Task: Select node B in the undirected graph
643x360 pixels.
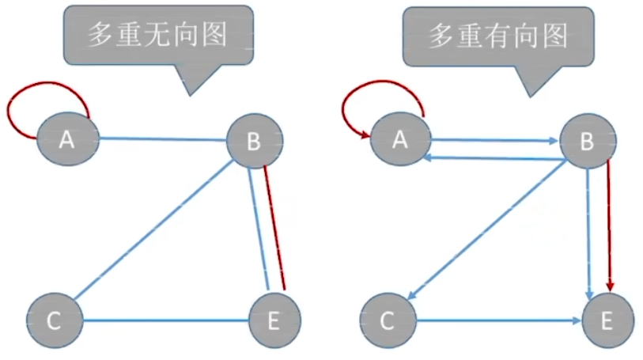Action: [x=254, y=141]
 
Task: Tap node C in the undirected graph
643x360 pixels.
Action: [x=54, y=320]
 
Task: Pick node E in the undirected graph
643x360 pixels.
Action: [x=275, y=320]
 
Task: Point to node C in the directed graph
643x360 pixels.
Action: [x=387, y=320]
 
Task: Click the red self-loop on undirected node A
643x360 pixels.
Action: [x=43, y=84]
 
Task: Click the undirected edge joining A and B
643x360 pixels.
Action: [x=162, y=140]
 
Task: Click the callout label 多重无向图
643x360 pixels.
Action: [x=157, y=35]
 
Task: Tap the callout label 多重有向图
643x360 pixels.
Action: [x=497, y=35]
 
